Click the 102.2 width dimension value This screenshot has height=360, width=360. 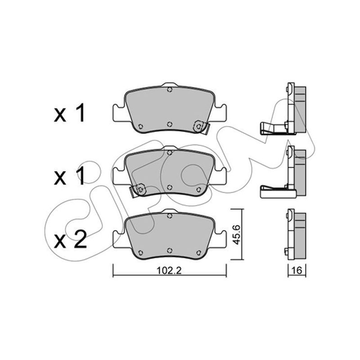pos(169,270)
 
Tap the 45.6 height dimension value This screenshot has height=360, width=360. pos(237,234)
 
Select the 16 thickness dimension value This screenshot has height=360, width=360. pos(297,270)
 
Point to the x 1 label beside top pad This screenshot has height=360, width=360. pos(69,113)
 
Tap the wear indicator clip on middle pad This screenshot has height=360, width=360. pos(138,190)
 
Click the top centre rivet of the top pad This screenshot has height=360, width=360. pos(170,90)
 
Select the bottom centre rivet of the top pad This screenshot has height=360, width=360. pos(170,124)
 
